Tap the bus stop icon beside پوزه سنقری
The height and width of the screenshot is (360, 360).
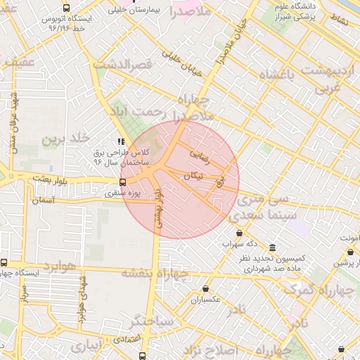click(123, 182)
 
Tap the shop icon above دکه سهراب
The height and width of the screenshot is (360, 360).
click(239, 233)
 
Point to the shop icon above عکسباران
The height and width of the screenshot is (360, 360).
click(205, 288)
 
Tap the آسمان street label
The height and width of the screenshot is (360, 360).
click(42, 200)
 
